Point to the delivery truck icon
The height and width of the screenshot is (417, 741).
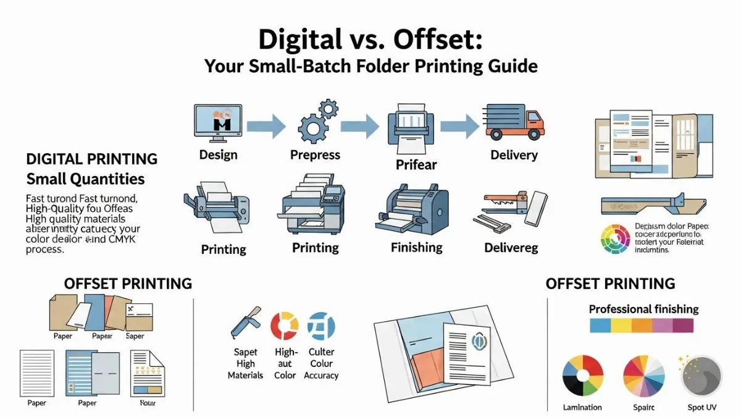(x=514, y=121)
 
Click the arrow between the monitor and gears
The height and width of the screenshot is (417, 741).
(x=266, y=126)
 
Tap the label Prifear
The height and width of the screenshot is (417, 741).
(x=416, y=164)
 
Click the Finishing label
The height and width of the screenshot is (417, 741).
(x=416, y=248)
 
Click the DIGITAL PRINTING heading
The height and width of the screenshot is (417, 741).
(x=91, y=159)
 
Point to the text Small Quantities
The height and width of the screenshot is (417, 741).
(x=85, y=179)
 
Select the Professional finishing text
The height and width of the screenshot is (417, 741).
(x=643, y=309)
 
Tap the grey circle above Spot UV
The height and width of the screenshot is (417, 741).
(x=701, y=376)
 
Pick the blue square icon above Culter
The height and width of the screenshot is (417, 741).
(x=321, y=326)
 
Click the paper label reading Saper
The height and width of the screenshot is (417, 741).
(x=135, y=336)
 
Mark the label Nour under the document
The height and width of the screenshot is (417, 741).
(x=148, y=403)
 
